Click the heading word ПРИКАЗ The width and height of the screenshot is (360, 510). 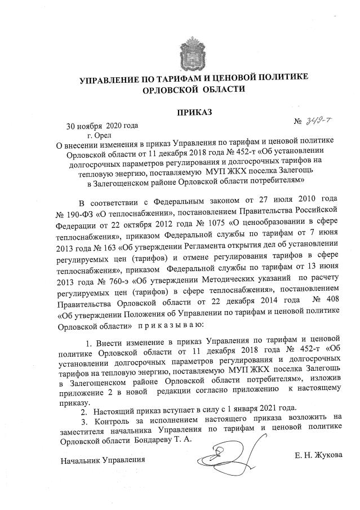[194, 113]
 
